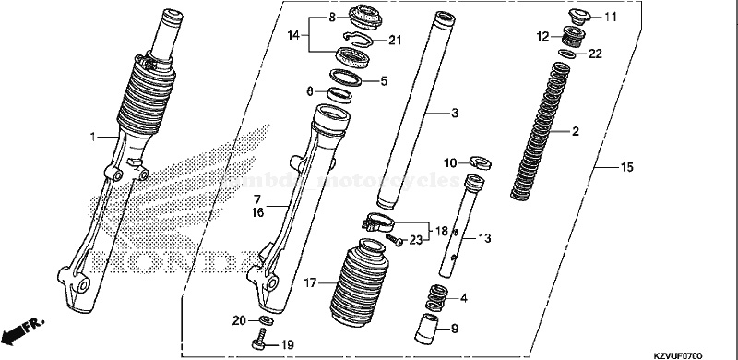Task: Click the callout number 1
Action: click(92, 138)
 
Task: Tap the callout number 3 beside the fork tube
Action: click(454, 113)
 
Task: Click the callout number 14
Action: click(292, 35)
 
